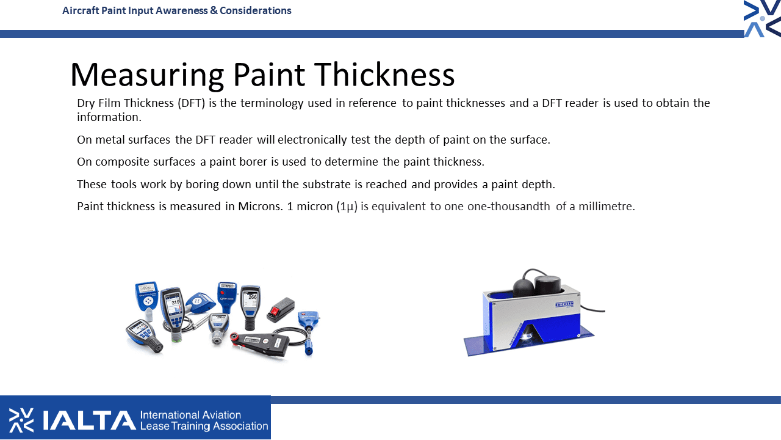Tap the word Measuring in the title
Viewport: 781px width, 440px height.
(147, 75)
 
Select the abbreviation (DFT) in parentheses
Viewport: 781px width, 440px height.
(191, 103)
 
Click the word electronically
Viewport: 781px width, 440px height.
(312, 140)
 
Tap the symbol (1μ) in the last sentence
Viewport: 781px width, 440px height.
(347, 207)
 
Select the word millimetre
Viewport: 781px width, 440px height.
(606, 207)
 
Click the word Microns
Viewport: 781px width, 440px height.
(261, 207)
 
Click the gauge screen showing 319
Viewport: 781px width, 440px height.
(174, 305)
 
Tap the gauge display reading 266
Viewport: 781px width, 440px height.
(251, 299)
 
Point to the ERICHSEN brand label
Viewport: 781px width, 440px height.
(564, 305)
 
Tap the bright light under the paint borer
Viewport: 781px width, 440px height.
(526, 336)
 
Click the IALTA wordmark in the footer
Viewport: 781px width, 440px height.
(89, 420)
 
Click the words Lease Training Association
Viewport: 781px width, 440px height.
(204, 427)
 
